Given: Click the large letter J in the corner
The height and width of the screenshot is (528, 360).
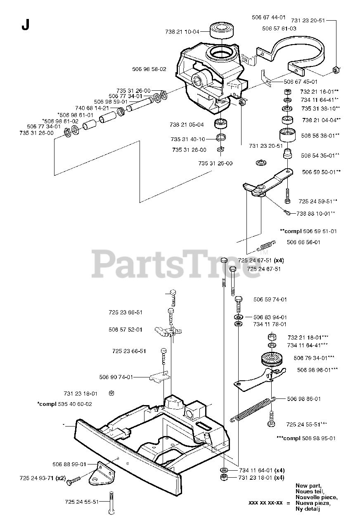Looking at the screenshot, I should click(26, 26).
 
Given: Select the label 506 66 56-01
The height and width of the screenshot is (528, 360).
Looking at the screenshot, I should click(303, 242).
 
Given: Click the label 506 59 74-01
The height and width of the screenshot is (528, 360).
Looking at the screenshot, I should click(270, 299).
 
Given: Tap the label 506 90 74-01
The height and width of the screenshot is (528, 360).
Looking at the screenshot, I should click(116, 377).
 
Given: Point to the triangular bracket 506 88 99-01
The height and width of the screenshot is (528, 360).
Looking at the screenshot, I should click(101, 474).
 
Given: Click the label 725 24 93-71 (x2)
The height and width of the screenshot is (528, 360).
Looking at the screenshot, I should click(43, 478).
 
